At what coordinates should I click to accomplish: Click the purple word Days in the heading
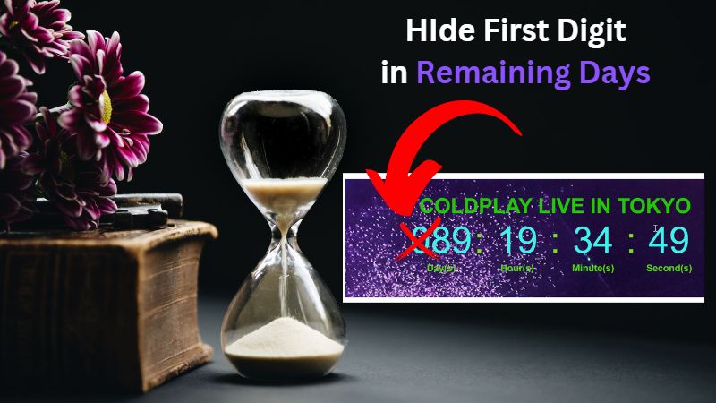[618, 73]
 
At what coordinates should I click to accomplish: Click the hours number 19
[518, 241]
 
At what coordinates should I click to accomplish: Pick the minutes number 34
[592, 241]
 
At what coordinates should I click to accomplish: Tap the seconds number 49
[669, 241]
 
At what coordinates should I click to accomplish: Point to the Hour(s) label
[517, 268]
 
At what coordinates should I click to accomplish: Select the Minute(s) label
[593, 268]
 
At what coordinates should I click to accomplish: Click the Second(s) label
[669, 268]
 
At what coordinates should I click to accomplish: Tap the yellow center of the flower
[106, 107]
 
